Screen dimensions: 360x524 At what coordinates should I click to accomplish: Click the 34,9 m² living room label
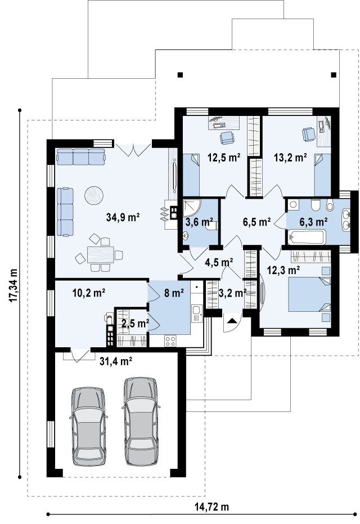point(123,217)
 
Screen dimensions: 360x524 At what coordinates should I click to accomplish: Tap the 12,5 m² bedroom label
point(224,157)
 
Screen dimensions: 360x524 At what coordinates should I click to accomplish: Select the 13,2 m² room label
point(291,157)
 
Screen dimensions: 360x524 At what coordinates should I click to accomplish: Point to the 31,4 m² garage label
point(116,361)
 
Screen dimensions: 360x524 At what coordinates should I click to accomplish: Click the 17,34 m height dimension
point(13,286)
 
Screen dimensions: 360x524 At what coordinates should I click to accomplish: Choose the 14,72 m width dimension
point(211,507)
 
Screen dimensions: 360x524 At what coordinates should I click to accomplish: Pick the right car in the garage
point(141,421)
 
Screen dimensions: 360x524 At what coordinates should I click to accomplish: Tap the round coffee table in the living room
point(94,195)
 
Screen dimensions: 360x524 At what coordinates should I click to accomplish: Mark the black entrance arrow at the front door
point(232,321)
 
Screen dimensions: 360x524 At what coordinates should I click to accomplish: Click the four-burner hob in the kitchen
point(170,341)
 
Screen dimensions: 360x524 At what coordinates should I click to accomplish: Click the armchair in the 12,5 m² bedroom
point(227,137)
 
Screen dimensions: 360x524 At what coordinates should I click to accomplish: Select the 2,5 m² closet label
point(135,323)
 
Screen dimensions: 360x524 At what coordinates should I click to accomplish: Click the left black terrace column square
point(181,74)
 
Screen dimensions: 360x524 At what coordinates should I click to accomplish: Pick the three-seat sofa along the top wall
point(81,157)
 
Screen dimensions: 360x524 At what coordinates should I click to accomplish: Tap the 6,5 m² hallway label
point(256,222)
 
